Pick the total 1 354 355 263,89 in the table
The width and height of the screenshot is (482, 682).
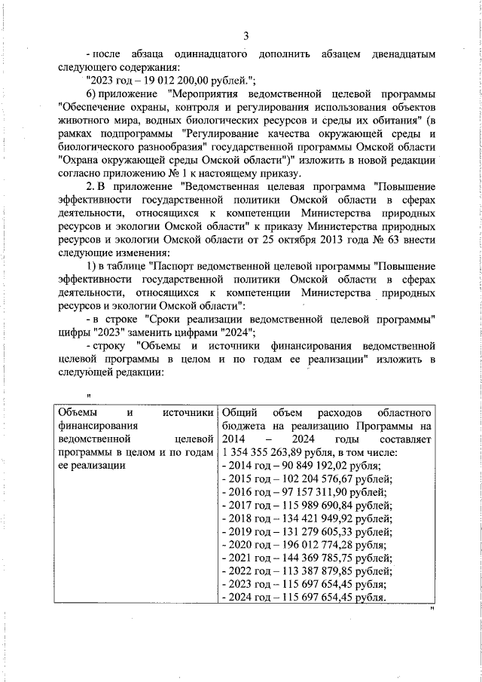269,452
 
